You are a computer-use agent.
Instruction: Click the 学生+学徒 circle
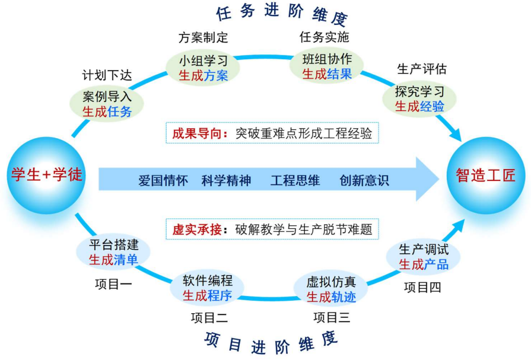(46, 175)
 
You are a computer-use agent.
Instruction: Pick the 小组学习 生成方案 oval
(203, 68)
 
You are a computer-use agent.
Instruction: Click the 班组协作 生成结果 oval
(327, 66)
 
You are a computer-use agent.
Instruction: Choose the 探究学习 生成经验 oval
(419, 99)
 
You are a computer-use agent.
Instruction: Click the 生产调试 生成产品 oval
(423, 257)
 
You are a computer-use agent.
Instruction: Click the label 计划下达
(107, 76)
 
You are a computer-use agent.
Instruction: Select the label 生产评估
(421, 69)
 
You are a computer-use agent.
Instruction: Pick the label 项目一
(113, 283)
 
